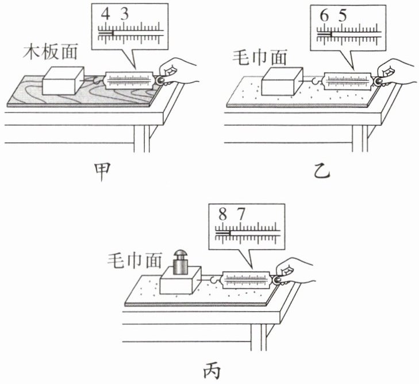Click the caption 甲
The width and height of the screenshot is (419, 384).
pyautogui.click(x=102, y=171)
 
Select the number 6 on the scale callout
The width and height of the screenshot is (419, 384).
pyautogui.click(x=324, y=17)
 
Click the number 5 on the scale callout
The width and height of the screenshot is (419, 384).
pyautogui.click(x=343, y=17)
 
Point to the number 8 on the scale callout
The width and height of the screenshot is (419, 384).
pyautogui.click(x=222, y=216)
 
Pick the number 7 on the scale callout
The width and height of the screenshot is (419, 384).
pyautogui.click(x=241, y=216)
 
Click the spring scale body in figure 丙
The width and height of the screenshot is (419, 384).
pyautogui.click(x=247, y=280)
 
